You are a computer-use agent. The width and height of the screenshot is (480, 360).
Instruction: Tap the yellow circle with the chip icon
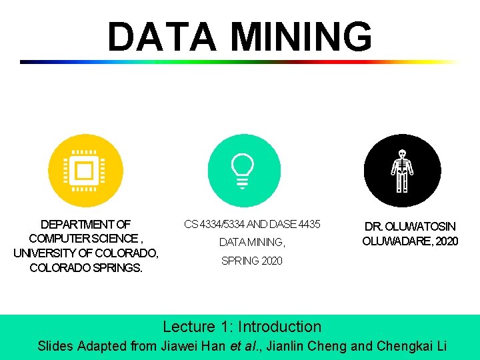[85, 171]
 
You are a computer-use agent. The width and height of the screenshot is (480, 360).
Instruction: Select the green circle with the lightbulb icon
[244, 171]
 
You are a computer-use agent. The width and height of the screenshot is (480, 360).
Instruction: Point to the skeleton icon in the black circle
[402, 171]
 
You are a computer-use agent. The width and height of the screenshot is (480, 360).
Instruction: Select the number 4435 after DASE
[309, 225]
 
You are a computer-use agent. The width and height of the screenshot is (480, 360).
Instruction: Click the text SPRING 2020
[252, 261]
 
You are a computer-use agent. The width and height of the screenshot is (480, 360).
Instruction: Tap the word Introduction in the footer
[280, 327]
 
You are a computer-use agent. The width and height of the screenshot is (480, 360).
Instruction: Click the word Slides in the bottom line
[55, 346]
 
